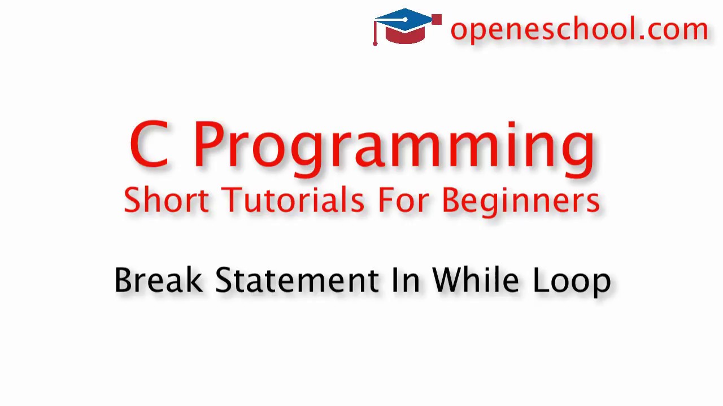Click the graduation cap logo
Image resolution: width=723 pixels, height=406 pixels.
407,27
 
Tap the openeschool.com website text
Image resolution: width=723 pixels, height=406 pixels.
579,29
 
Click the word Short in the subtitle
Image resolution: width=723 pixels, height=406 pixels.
166,200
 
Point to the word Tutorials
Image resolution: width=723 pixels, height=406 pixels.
293,200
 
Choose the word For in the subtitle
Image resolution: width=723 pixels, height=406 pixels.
403,200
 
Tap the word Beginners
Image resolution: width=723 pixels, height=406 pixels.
520,201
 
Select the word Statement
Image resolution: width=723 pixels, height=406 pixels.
297,280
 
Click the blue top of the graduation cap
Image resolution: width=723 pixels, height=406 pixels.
406,19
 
